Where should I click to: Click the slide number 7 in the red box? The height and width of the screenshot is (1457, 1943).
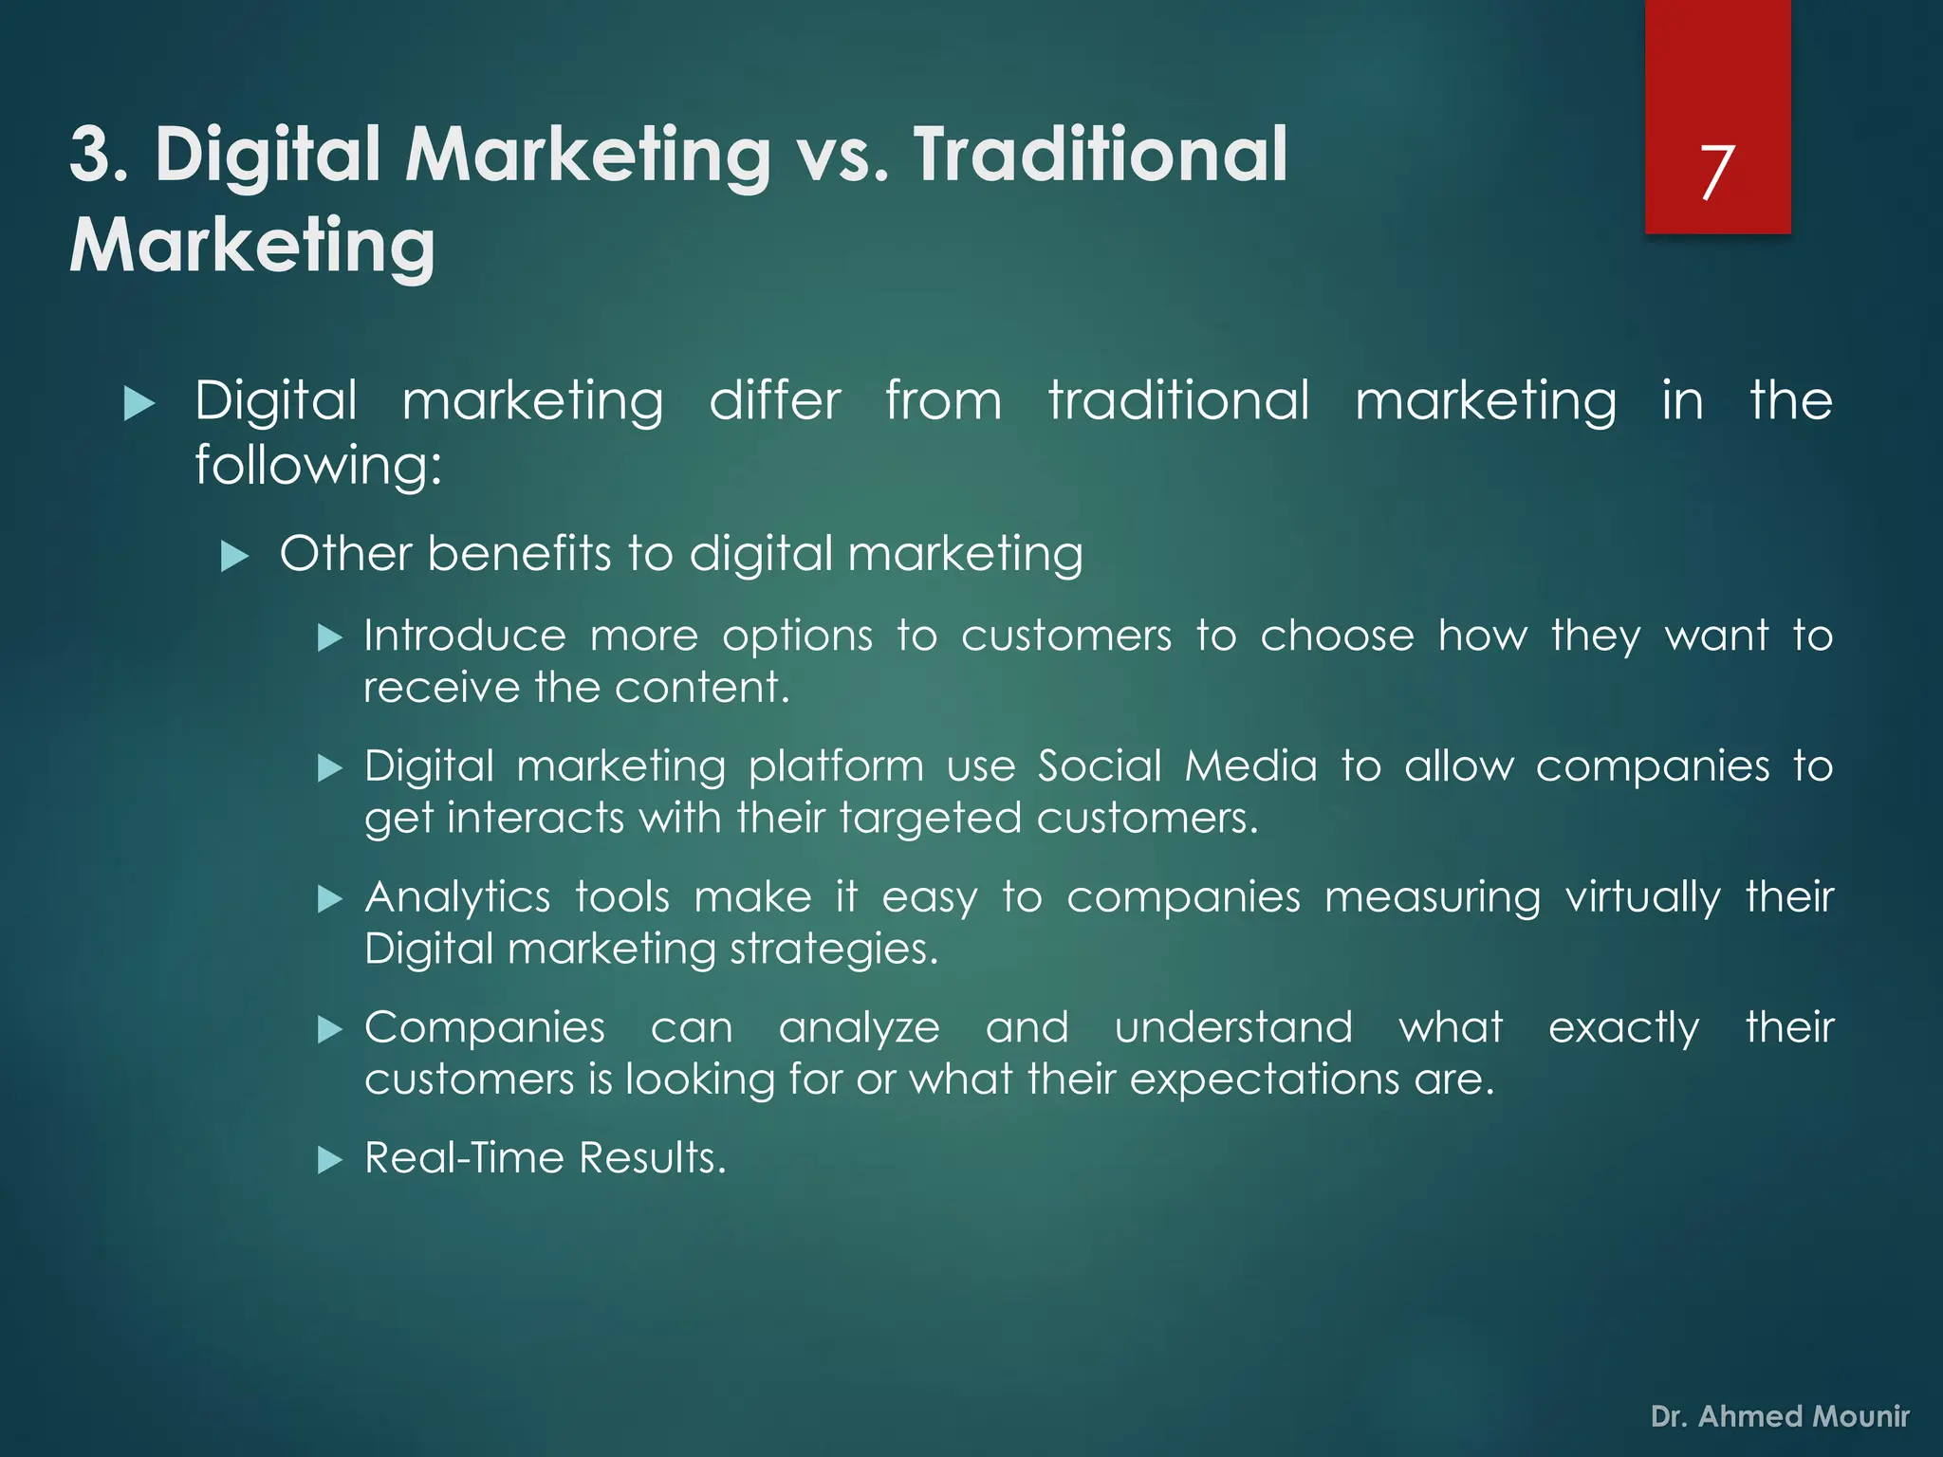tap(1717, 173)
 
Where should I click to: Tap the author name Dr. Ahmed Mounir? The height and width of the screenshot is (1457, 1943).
tap(1780, 1416)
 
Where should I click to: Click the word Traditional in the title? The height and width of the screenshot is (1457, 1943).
tap(1101, 154)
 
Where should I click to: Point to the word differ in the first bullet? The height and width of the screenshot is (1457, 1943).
tap(775, 400)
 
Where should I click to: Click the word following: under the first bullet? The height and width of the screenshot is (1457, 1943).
tap(319, 466)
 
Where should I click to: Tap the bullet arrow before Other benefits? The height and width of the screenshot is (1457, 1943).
tap(233, 556)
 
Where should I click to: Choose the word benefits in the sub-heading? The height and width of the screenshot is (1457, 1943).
tap(519, 553)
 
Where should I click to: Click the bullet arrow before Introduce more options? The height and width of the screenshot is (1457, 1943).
tap(329, 637)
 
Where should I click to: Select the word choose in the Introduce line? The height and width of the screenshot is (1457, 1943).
tap(1337, 636)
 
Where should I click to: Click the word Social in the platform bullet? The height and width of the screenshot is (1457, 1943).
tap(1100, 765)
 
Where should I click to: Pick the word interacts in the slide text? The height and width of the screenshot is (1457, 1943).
tap(535, 818)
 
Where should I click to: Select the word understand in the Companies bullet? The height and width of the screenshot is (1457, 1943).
tap(1233, 1027)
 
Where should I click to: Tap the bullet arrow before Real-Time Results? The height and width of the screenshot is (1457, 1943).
tap(329, 1159)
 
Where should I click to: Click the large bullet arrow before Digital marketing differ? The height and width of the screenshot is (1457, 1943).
tap(139, 404)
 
